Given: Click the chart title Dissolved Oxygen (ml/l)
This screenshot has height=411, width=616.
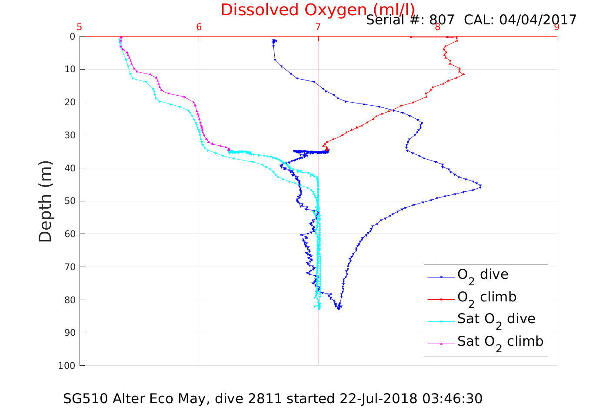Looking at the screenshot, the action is [x=318, y=10].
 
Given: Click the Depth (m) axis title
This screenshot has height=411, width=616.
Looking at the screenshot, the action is [x=45, y=201].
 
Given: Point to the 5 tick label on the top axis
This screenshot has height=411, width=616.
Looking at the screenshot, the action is [x=79, y=27].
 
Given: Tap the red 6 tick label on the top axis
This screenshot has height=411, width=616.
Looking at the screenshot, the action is [x=199, y=27].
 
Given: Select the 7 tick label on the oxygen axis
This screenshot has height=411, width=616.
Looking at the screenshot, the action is [x=318, y=27].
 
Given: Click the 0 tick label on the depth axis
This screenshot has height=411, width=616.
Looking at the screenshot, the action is [x=72, y=36].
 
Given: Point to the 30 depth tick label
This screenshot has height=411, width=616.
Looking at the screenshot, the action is [x=70, y=135].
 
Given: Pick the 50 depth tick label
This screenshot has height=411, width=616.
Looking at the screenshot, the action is [x=70, y=201].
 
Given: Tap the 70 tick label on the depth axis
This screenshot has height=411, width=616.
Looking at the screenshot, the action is [x=70, y=267].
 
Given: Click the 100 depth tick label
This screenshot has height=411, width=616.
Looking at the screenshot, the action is [x=67, y=366].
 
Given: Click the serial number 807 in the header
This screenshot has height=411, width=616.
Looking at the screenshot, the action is [x=442, y=20].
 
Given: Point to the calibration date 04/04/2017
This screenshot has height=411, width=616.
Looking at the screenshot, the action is [x=538, y=20].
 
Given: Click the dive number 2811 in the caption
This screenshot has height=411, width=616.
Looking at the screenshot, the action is [x=265, y=399].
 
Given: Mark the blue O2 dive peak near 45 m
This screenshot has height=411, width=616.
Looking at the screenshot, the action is [x=480, y=186].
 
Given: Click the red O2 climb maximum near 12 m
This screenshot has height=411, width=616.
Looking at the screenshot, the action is [x=464, y=74].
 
